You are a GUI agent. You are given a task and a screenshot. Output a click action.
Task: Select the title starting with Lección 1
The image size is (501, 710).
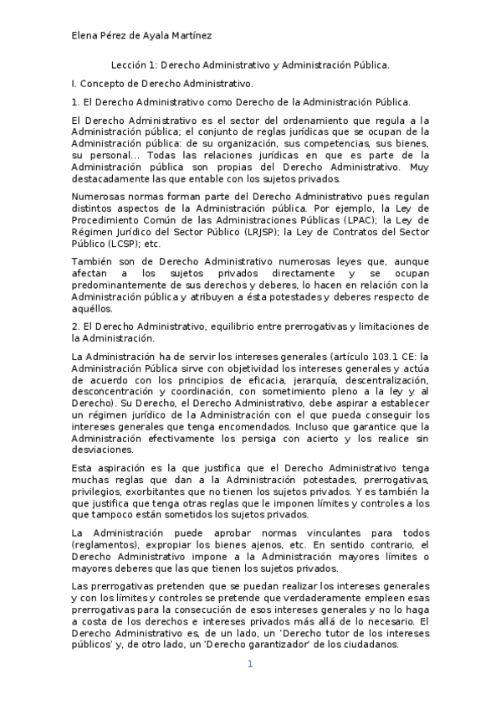pos(251,64)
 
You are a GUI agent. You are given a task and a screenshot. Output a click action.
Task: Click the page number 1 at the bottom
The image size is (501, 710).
pos(249,664)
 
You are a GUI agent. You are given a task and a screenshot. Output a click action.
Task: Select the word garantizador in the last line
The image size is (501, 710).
pos(288,645)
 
